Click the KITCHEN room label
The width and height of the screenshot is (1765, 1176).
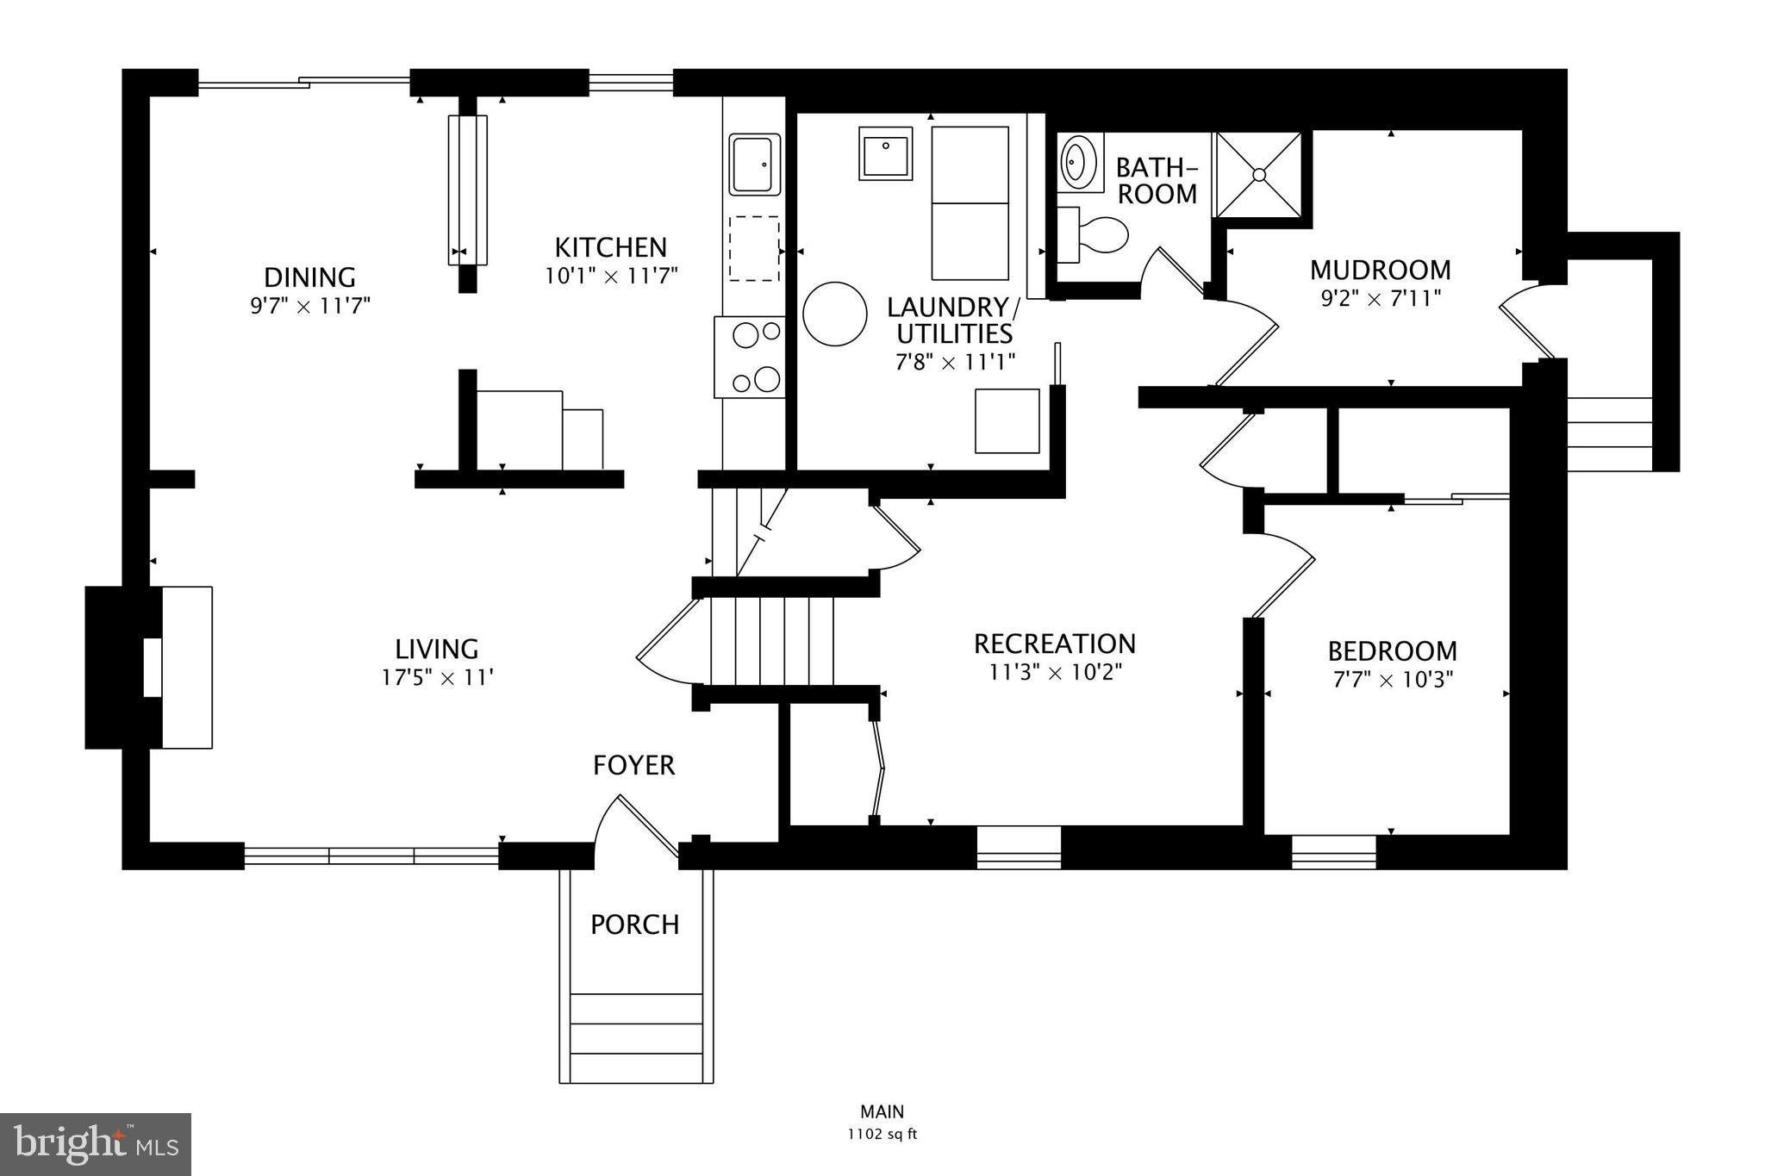click(610, 248)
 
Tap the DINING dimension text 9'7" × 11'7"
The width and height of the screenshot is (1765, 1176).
click(310, 307)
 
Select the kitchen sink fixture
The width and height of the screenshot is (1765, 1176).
click(754, 164)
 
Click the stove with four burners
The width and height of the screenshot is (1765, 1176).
click(750, 357)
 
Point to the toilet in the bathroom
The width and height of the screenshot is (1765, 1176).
click(1095, 234)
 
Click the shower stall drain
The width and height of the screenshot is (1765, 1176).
click(1259, 175)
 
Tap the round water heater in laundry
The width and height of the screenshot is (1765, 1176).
click(834, 314)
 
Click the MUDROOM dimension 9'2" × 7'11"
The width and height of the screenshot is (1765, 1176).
click(1379, 300)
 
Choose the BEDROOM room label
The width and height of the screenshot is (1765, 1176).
click(1392, 650)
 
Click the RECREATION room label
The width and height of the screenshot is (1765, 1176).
click(1054, 644)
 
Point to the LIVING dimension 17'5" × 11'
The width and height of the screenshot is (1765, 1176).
click(437, 678)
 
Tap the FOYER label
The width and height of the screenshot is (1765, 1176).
click(633, 765)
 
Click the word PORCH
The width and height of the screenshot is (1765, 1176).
click(635, 924)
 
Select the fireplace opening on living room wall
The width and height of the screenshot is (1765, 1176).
click(153, 668)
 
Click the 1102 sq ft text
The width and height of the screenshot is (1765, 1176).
click(882, 1134)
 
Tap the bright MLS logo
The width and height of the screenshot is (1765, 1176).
click(96, 1144)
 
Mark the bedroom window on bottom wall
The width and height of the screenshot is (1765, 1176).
click(1333, 852)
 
